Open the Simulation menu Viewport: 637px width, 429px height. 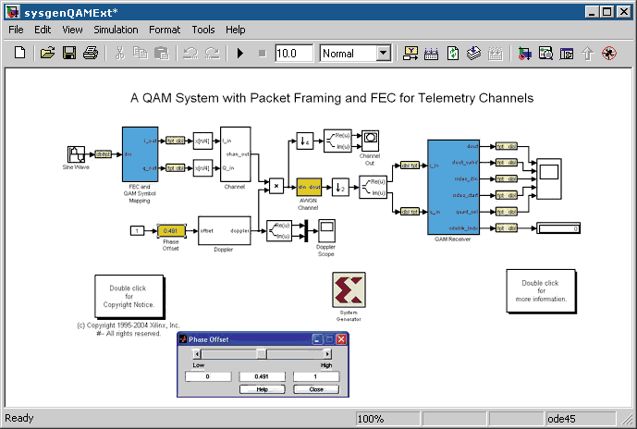click(x=116, y=30)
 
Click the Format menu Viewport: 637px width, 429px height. click(x=165, y=30)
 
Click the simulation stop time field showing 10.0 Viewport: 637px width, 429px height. click(x=294, y=54)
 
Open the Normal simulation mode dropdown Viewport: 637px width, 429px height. click(x=383, y=54)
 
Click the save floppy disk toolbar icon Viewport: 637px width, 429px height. click(x=69, y=54)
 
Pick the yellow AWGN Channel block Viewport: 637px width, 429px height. click(x=308, y=186)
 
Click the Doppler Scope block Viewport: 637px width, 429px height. click(x=326, y=230)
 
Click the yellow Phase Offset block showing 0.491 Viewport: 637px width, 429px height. click(x=170, y=230)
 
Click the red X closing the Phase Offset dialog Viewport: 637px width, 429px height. click(x=340, y=339)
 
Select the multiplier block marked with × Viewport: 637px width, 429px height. click(x=276, y=186)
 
